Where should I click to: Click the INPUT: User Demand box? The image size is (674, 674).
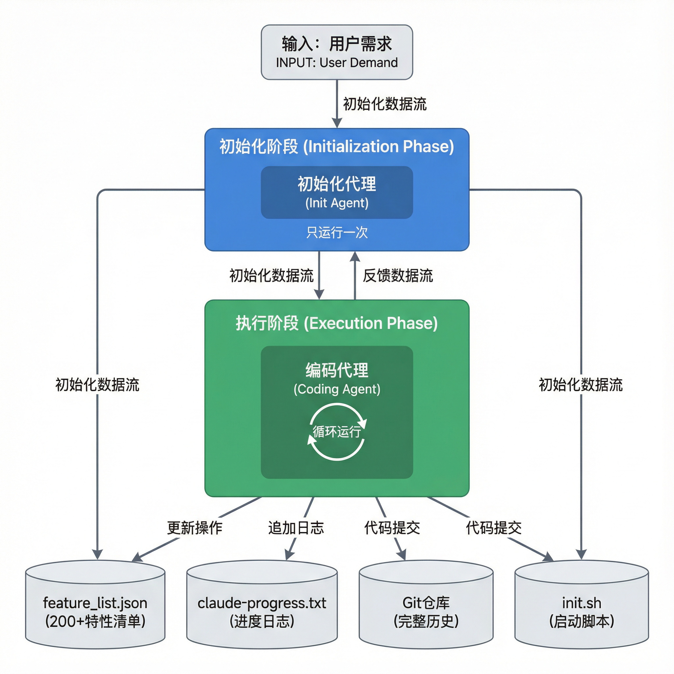[337, 52]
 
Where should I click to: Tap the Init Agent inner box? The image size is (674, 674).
[337, 192]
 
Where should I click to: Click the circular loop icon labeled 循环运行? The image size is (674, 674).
[337, 431]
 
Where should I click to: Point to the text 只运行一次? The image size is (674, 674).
[337, 232]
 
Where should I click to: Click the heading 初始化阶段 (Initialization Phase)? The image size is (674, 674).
[337, 146]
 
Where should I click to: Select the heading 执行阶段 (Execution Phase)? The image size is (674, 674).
[337, 323]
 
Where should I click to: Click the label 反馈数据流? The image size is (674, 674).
[398, 275]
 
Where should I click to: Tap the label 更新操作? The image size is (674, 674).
[195, 528]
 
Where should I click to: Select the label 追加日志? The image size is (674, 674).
[296, 528]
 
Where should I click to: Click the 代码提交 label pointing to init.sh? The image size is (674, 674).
[494, 528]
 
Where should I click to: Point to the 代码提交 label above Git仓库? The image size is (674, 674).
[392, 528]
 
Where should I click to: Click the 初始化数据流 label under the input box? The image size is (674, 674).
[385, 104]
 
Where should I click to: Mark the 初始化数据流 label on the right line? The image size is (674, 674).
[581, 385]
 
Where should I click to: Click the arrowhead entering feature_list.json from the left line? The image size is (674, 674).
[97, 554]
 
